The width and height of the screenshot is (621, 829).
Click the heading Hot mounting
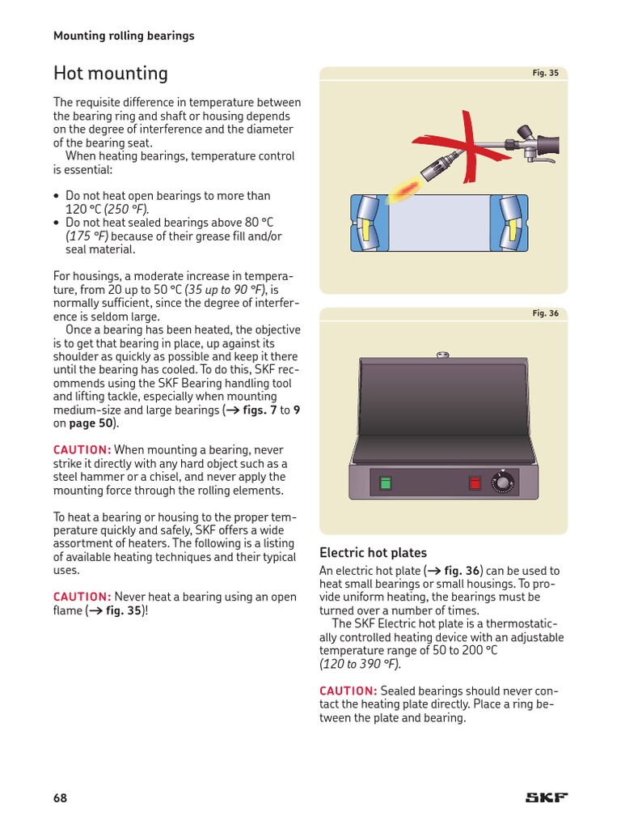pyautogui.click(x=111, y=74)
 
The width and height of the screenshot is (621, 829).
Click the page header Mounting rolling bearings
pyautogui.click(x=124, y=36)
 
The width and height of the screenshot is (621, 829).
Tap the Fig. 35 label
pyautogui.click(x=545, y=73)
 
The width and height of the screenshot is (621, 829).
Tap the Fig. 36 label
pyautogui.click(x=545, y=313)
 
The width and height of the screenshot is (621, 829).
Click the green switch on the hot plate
pyautogui.click(x=386, y=483)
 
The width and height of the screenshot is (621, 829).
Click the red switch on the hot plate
pyautogui.click(x=475, y=483)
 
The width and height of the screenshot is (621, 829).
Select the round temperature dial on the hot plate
pyautogui.click(x=504, y=483)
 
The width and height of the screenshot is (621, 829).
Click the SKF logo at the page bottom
pyautogui.click(x=547, y=797)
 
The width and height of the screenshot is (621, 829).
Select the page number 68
pyautogui.click(x=61, y=798)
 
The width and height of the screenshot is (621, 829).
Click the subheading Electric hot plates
pyautogui.click(x=373, y=553)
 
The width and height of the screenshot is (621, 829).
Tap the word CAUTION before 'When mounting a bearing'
pyautogui.click(x=82, y=450)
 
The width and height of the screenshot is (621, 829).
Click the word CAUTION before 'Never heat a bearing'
pyautogui.click(x=82, y=597)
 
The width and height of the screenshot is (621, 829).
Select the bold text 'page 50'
pyautogui.click(x=93, y=423)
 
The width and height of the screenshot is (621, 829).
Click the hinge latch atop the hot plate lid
pyautogui.click(x=442, y=354)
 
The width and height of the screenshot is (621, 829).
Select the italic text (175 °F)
pyautogui.click(x=87, y=236)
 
